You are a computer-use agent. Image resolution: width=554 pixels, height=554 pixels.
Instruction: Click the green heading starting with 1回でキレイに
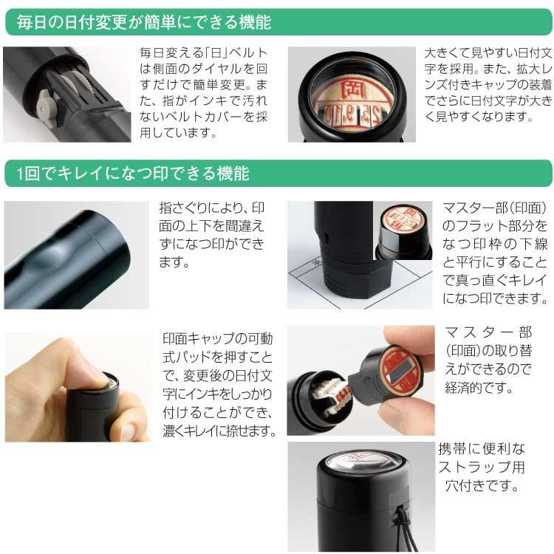point(133,174)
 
